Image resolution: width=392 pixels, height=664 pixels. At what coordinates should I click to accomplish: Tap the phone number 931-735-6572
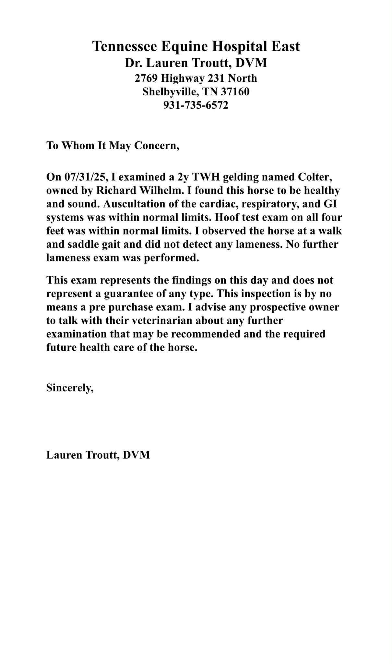(x=196, y=105)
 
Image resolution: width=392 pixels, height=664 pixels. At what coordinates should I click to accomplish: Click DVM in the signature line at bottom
(x=136, y=455)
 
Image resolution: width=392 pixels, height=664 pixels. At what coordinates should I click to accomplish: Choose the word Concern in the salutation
(x=156, y=146)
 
